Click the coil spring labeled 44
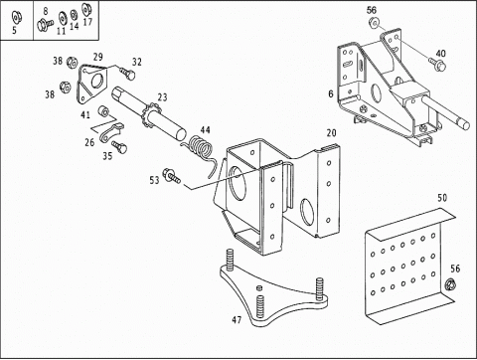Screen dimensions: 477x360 click(202, 148)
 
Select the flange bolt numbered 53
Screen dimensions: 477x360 click(171, 176)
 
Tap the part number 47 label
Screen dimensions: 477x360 click(237, 320)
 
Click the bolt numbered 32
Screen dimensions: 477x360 click(127, 74)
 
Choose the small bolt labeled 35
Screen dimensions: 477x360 click(119, 147)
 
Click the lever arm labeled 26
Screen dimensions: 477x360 click(110, 132)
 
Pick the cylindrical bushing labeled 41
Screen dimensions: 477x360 click(103, 111)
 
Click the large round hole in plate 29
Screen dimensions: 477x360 click(97, 82)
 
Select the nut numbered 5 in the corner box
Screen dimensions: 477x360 click(15, 17)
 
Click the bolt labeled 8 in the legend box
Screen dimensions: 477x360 click(45, 25)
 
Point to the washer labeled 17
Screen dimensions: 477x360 click(86, 8)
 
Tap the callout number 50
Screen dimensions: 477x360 click(442, 198)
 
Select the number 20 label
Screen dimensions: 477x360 click(331, 133)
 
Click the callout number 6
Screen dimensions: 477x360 click(331, 94)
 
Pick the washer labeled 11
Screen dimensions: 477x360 click(62, 19)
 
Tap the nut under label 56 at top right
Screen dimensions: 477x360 click(374, 23)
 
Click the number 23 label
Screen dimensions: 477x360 click(162, 97)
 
